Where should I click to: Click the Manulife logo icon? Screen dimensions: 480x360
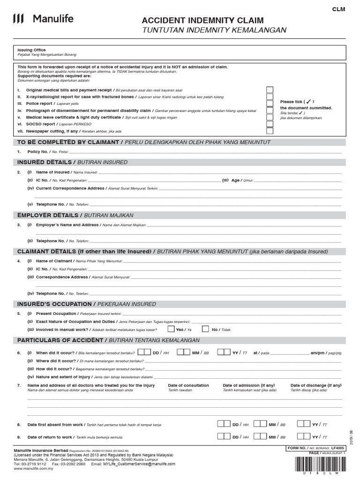[x=18, y=19]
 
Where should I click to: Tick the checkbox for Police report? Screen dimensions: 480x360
[x=270, y=103]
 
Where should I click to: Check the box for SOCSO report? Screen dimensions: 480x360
[x=270, y=124]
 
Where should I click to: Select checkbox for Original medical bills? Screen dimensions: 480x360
[x=270, y=89]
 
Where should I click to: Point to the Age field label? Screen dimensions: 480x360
[x=235, y=180]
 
